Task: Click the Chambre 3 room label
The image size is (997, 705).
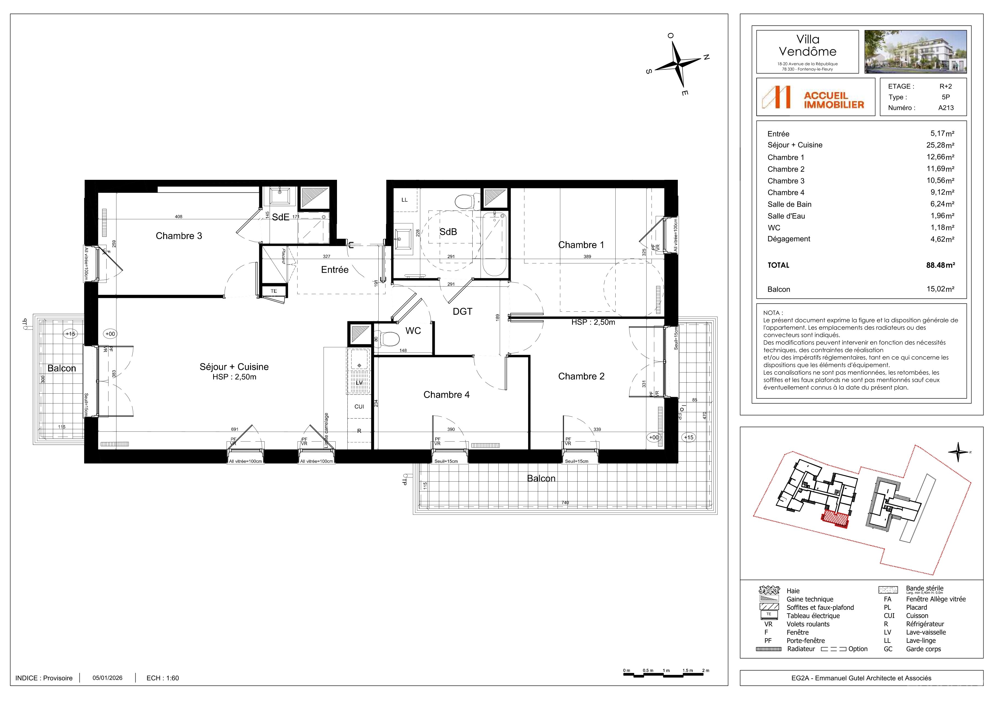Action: (x=179, y=236)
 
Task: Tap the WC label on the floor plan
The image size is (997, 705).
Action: (x=413, y=331)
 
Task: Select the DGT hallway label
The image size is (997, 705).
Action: (x=462, y=311)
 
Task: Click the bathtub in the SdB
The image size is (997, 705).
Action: (x=494, y=244)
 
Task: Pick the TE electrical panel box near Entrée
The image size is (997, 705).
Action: (x=274, y=291)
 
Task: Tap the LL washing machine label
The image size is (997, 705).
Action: (x=405, y=200)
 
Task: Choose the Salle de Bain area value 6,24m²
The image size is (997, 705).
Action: (x=942, y=204)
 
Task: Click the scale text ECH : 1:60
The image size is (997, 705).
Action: (x=163, y=678)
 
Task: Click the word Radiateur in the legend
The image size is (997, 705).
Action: (x=801, y=649)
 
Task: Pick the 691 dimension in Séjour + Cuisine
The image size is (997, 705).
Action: (x=235, y=429)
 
